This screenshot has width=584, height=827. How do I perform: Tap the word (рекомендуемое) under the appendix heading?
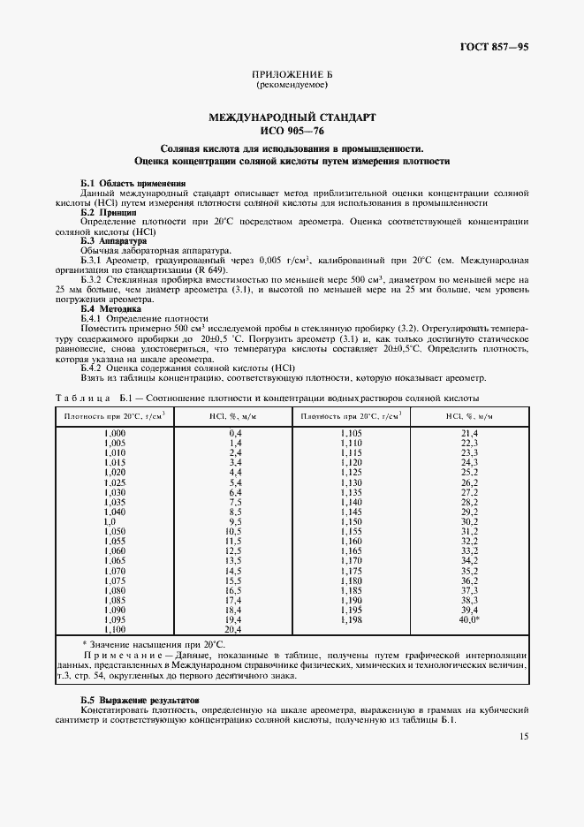292,87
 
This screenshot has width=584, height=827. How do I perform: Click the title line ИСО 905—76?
292,130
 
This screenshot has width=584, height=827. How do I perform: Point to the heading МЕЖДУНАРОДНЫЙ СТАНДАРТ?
292,117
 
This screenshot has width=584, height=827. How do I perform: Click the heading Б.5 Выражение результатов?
138,699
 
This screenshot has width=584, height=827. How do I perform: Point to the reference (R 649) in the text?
209,269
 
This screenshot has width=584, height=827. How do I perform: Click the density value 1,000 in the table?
115,433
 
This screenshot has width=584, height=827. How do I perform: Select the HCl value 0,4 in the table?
236,433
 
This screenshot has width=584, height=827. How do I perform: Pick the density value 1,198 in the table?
351,620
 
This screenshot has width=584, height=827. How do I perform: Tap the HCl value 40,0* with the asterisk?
470,620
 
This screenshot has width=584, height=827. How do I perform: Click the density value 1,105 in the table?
351,433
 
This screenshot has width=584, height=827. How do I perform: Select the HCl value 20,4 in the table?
234,629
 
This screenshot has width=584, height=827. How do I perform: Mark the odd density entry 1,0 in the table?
110,521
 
